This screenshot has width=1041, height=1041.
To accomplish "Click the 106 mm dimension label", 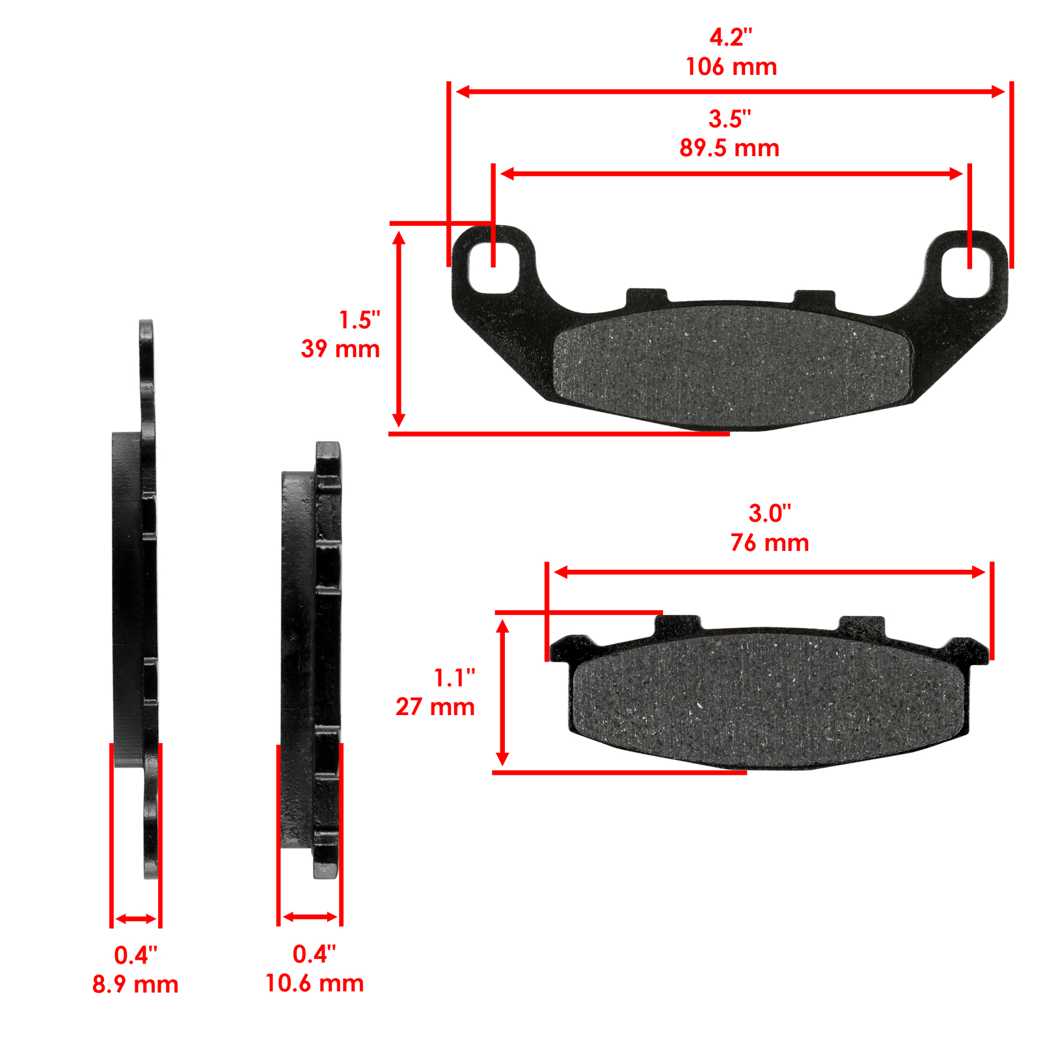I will point(731,67).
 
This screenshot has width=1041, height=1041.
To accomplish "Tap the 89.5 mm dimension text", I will point(729,148).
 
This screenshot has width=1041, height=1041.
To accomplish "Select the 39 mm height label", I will point(340,349).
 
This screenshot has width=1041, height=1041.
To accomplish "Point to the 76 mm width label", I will point(770,543).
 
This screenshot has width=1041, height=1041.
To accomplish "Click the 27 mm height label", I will point(435,707).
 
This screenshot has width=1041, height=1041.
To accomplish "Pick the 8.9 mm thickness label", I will point(135,984).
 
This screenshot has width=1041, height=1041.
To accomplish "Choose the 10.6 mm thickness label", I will point(314,983).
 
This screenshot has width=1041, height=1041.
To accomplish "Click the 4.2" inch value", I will point(731,38).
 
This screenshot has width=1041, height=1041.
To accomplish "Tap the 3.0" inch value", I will point(770,513).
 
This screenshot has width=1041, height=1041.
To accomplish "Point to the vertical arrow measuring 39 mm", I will point(399,330).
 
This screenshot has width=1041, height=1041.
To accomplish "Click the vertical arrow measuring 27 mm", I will point(502,693).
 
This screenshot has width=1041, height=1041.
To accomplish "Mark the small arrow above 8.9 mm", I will point(136,919).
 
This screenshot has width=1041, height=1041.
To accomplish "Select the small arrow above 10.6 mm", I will point(310,917).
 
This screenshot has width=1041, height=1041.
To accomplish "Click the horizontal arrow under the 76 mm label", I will point(769,573).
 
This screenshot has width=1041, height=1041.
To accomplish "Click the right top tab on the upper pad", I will point(814,298).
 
